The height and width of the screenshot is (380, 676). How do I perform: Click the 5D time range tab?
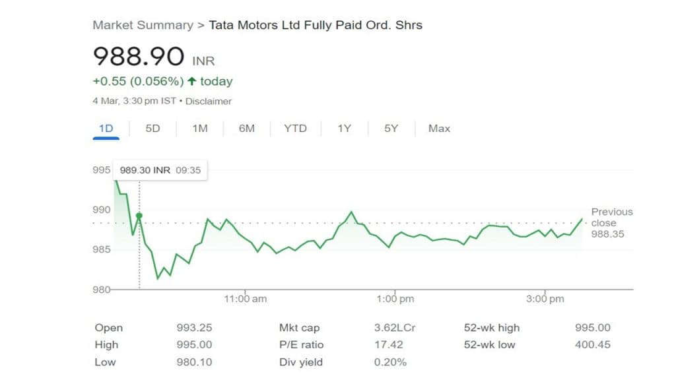coord(152,129)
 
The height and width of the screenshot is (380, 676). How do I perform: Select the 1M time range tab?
coord(199,129)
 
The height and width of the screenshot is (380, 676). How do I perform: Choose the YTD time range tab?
coord(295,129)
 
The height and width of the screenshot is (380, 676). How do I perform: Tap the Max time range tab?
coord(439,129)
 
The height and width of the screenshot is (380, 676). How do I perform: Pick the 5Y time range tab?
coord(391,129)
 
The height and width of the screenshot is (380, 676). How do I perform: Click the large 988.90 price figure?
coord(138,57)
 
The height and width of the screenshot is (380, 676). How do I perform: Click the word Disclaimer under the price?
coord(209,102)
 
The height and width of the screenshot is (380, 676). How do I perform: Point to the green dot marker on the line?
coord(139,216)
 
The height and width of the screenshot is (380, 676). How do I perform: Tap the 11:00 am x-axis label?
coord(246,299)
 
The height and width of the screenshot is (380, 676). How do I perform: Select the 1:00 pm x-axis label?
coord(395,299)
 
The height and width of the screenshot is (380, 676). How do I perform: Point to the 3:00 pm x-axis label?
coord(545,299)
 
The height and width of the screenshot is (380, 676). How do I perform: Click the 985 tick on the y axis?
coord(102,249)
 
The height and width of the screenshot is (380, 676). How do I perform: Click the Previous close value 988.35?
coord(608,234)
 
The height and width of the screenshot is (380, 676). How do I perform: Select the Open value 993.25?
coord(194,328)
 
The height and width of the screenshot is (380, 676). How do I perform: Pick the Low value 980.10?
coord(194,362)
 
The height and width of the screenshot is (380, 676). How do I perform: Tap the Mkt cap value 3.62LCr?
coord(395,328)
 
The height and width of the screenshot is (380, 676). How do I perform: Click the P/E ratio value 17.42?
coord(388,344)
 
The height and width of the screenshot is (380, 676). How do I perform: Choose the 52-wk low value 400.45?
coord(593,344)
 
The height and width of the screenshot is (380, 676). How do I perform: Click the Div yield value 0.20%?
coord(390,362)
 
